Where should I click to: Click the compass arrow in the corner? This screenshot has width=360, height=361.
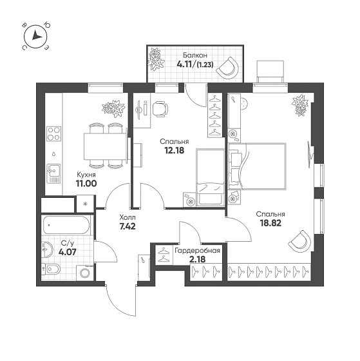[x=36, y=36]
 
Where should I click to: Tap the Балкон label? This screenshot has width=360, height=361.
[x=195, y=55]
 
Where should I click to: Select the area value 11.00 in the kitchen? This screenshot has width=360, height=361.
[x=86, y=184]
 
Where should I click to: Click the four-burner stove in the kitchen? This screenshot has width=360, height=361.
[x=54, y=134]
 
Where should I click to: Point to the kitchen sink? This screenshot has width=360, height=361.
[x=54, y=173]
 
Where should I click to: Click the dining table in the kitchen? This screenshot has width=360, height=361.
[x=106, y=147]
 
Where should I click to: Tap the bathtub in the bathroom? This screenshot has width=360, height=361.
[x=66, y=225]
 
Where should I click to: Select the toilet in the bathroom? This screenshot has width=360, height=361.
[x=51, y=269]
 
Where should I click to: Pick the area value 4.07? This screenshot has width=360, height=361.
[x=67, y=252]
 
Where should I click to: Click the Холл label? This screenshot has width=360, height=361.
[x=128, y=217]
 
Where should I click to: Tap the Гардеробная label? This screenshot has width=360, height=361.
[x=197, y=251]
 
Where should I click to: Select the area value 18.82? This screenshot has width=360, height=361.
[x=270, y=223]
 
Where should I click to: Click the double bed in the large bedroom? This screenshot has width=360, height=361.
[x=257, y=166]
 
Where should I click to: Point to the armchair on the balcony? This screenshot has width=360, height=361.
[x=229, y=68]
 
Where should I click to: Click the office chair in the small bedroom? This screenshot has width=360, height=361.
[x=160, y=109]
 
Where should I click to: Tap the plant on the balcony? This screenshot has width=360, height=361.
[x=156, y=59]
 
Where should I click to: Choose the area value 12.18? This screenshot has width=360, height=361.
[x=175, y=150]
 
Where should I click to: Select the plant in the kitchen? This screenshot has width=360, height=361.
[x=113, y=108]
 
